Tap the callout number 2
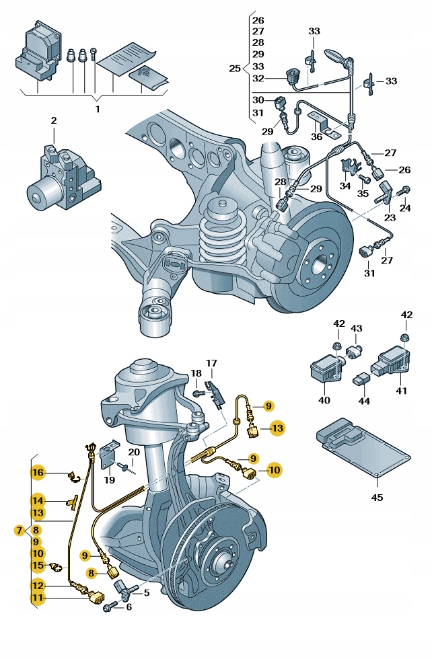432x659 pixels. pos(54,121)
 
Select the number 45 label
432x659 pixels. pos(377,498)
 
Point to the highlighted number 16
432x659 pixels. pos(38,473)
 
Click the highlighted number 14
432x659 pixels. pos(38,500)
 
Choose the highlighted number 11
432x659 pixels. pos(38,596)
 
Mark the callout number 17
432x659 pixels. pos(211,364)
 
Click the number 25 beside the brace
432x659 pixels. pos(234,69)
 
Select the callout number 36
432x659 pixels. pos(316,137)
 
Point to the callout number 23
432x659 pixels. pos(390,217)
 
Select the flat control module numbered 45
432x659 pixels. pos(360,451)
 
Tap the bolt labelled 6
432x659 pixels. pos(108,607)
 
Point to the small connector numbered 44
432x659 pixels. pos(363,381)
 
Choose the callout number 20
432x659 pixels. pos(134,452)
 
